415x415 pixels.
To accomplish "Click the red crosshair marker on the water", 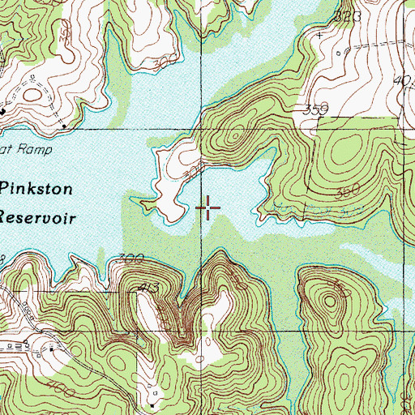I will pos(208,208).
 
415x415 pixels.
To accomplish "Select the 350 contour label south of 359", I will pos(346,192).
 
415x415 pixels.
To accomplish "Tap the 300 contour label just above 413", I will pos(130,259).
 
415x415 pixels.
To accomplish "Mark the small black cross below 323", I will pos(320,36).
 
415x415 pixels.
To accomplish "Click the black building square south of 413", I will pos(152,403).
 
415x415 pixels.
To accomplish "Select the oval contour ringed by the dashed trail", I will pos(33,95).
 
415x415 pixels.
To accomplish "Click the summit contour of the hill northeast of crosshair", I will pos(233,134).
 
